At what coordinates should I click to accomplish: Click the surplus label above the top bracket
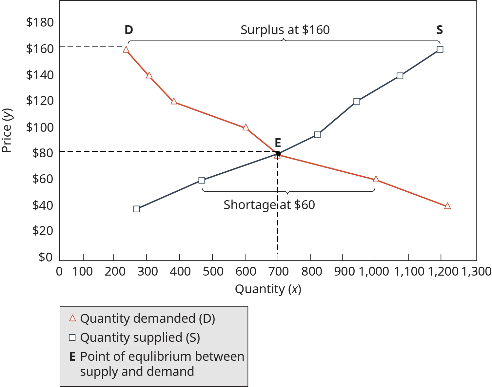click(285, 29)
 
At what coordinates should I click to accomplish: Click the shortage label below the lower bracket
click(268, 205)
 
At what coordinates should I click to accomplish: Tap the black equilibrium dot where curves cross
click(278, 153)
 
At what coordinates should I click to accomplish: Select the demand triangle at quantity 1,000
click(376, 179)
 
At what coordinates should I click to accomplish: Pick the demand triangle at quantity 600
click(246, 127)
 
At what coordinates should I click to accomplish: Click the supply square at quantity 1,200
click(440, 49)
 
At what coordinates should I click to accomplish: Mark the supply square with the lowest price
click(137, 209)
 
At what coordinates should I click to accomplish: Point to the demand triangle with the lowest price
click(447, 206)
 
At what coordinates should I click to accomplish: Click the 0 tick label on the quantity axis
click(59, 272)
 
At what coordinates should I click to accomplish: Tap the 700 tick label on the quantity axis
click(278, 272)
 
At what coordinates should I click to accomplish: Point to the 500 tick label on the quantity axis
click(213, 272)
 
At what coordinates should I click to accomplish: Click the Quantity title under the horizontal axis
click(267, 290)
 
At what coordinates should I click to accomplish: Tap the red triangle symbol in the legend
click(72, 318)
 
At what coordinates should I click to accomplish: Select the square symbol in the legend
click(72, 338)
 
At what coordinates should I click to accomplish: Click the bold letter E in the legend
click(72, 357)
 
